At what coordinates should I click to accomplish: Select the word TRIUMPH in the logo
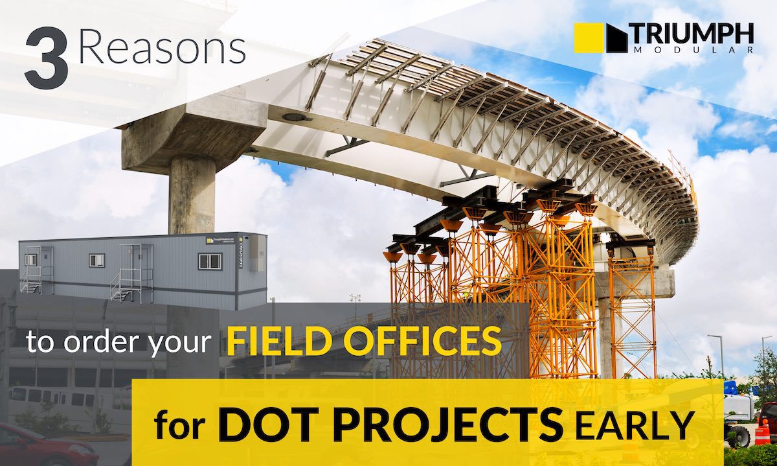tap(690, 32)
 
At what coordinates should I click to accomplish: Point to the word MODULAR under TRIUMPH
tap(690, 50)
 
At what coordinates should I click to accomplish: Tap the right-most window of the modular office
tap(209, 261)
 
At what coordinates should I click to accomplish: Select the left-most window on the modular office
tap(30, 259)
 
